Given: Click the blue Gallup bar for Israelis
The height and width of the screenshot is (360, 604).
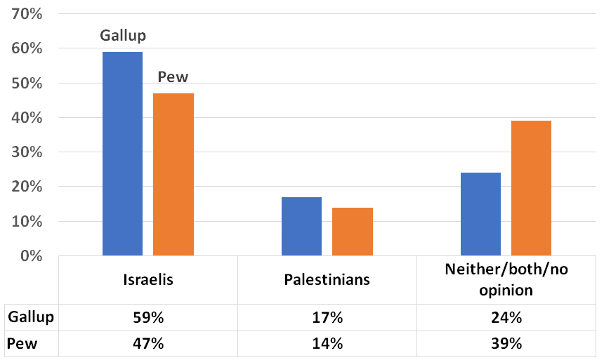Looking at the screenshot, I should pyautogui.click(x=122, y=154).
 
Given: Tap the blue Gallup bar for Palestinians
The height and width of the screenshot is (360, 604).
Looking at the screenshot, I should pyautogui.click(x=301, y=226).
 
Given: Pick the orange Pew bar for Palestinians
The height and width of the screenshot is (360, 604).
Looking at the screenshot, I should pyautogui.click(x=353, y=231).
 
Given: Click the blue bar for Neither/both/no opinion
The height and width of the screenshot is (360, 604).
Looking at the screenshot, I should pyautogui.click(x=480, y=214).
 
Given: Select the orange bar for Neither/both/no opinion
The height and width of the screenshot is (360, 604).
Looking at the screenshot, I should pyautogui.click(x=531, y=188).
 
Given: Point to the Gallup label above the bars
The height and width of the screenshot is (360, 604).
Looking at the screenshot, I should pyautogui.click(x=123, y=35).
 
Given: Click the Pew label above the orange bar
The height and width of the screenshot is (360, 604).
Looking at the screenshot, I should pyautogui.click(x=173, y=76).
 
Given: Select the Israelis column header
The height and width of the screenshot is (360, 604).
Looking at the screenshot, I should pyautogui.click(x=148, y=280).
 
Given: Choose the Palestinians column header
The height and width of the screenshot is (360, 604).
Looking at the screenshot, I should pyautogui.click(x=327, y=280).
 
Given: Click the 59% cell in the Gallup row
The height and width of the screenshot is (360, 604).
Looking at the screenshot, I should pyautogui.click(x=148, y=317).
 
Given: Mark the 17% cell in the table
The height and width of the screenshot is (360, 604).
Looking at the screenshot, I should pyautogui.click(x=327, y=317).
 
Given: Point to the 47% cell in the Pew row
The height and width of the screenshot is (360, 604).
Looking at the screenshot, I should pyautogui.click(x=148, y=344).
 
